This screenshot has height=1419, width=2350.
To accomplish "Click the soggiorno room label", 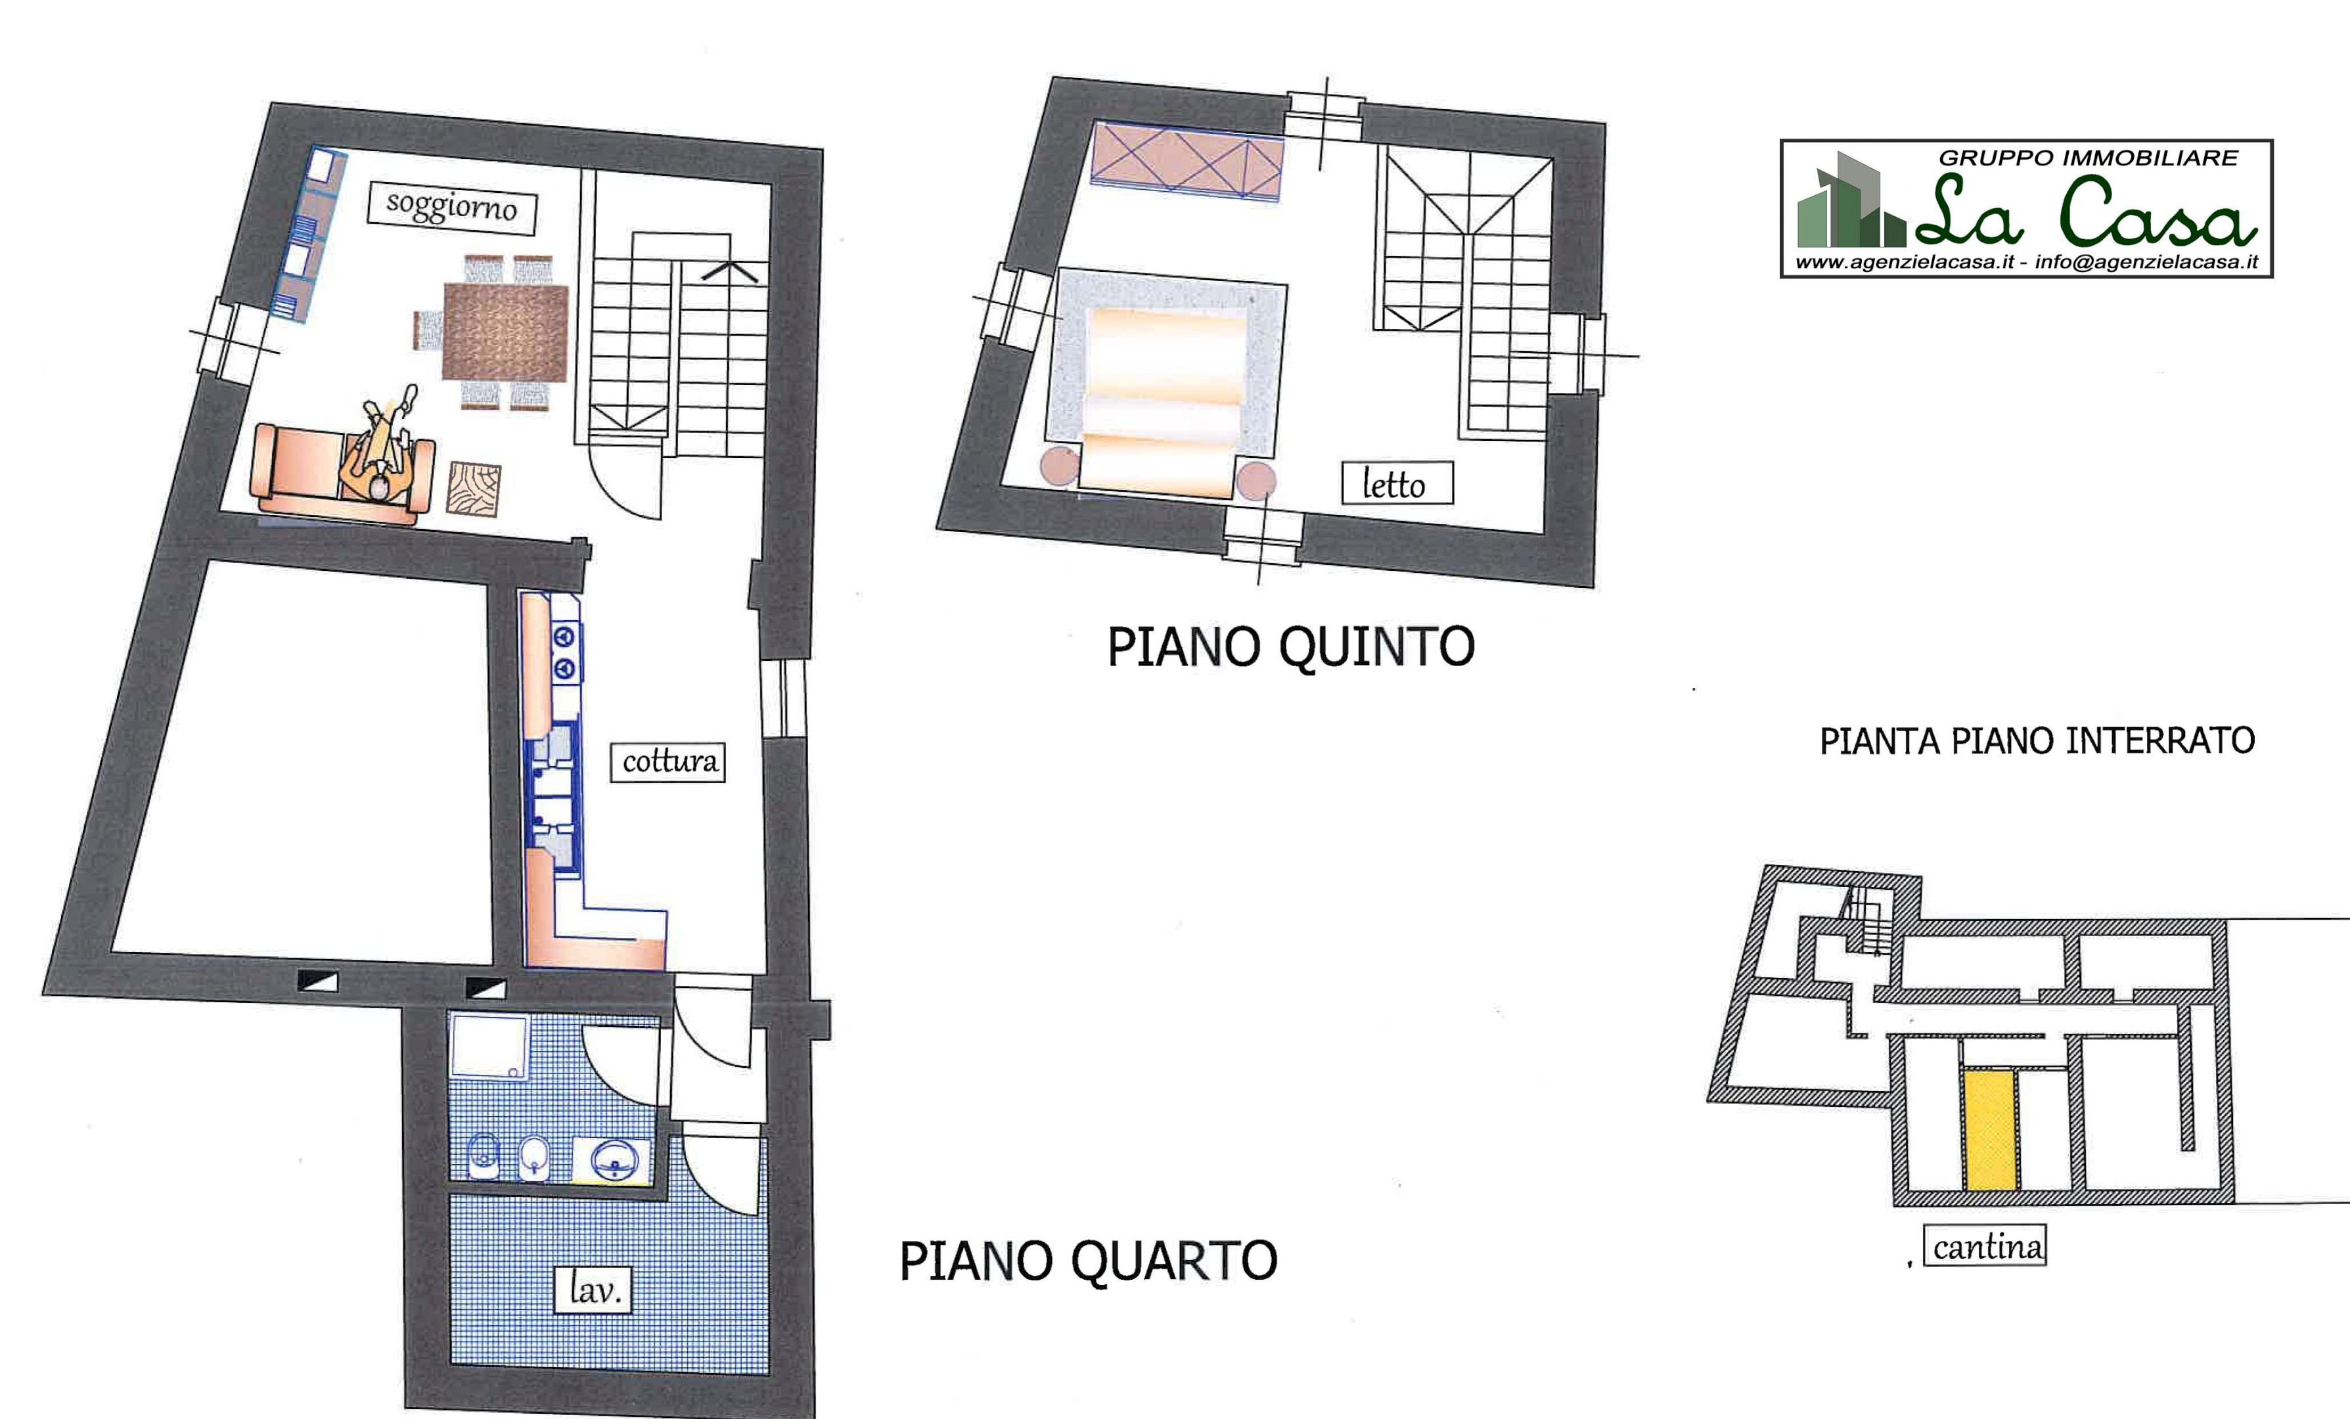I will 452,207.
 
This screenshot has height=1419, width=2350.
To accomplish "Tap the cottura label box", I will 667,762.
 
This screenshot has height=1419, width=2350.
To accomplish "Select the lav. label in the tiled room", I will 593,1290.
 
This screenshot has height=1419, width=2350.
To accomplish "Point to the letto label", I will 1395,484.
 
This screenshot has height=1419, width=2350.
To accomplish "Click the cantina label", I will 1987,1246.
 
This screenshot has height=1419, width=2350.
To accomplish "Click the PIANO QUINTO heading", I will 1290,648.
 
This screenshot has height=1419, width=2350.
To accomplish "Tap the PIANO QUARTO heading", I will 1088,1261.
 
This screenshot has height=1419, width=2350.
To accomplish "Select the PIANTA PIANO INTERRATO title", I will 2036,741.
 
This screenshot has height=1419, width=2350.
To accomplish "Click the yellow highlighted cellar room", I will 1989,1129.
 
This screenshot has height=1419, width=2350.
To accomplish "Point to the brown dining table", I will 505,332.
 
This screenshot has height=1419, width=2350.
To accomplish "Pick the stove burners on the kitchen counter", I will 564,651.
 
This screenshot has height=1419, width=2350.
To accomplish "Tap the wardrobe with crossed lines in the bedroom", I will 1186,162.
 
